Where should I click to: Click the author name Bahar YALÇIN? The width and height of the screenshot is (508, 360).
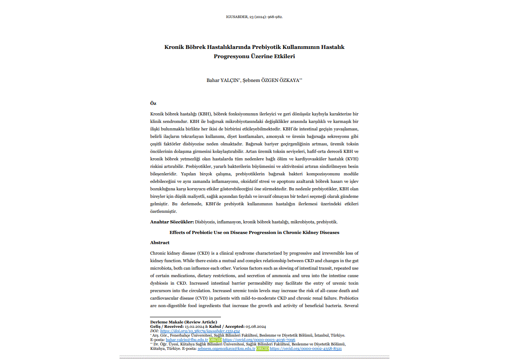click(x=223, y=80)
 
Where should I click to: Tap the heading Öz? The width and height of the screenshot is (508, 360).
click(x=153, y=103)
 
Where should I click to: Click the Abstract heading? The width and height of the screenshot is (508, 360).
click(x=160, y=243)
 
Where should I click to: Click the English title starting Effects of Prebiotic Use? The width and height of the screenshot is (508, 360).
click(x=254, y=232)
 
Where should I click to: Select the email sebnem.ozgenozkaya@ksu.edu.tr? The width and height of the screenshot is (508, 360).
click(x=227, y=348)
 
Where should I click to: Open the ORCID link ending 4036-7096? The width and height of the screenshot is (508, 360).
click(x=259, y=340)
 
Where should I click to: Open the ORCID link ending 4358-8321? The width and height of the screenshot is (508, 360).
click(x=306, y=348)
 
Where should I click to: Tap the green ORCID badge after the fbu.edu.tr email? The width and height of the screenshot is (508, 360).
click(x=215, y=340)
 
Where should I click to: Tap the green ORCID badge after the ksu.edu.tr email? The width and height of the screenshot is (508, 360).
click(x=262, y=348)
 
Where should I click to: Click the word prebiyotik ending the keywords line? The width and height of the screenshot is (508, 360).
click(x=326, y=222)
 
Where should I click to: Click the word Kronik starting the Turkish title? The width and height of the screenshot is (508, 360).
click(x=174, y=47)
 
